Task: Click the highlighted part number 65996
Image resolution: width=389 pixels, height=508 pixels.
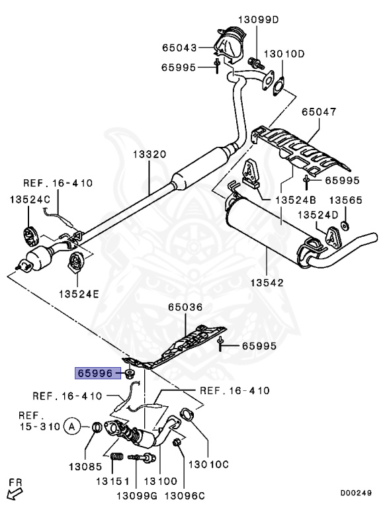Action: point(96,374)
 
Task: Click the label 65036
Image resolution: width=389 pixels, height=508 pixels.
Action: point(185,308)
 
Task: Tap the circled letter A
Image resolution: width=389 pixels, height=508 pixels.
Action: point(72,427)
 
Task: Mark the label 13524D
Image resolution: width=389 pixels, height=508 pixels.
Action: point(317,214)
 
